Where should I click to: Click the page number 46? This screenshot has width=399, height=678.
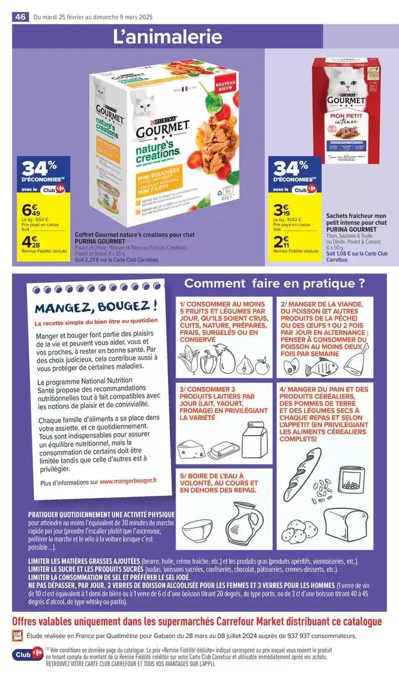coord(21,17)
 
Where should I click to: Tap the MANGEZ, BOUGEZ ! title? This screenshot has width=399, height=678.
coord(96,309)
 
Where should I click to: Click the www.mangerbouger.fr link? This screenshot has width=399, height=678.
coord(129,482)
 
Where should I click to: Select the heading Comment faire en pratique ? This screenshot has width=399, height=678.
coord(274,283)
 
